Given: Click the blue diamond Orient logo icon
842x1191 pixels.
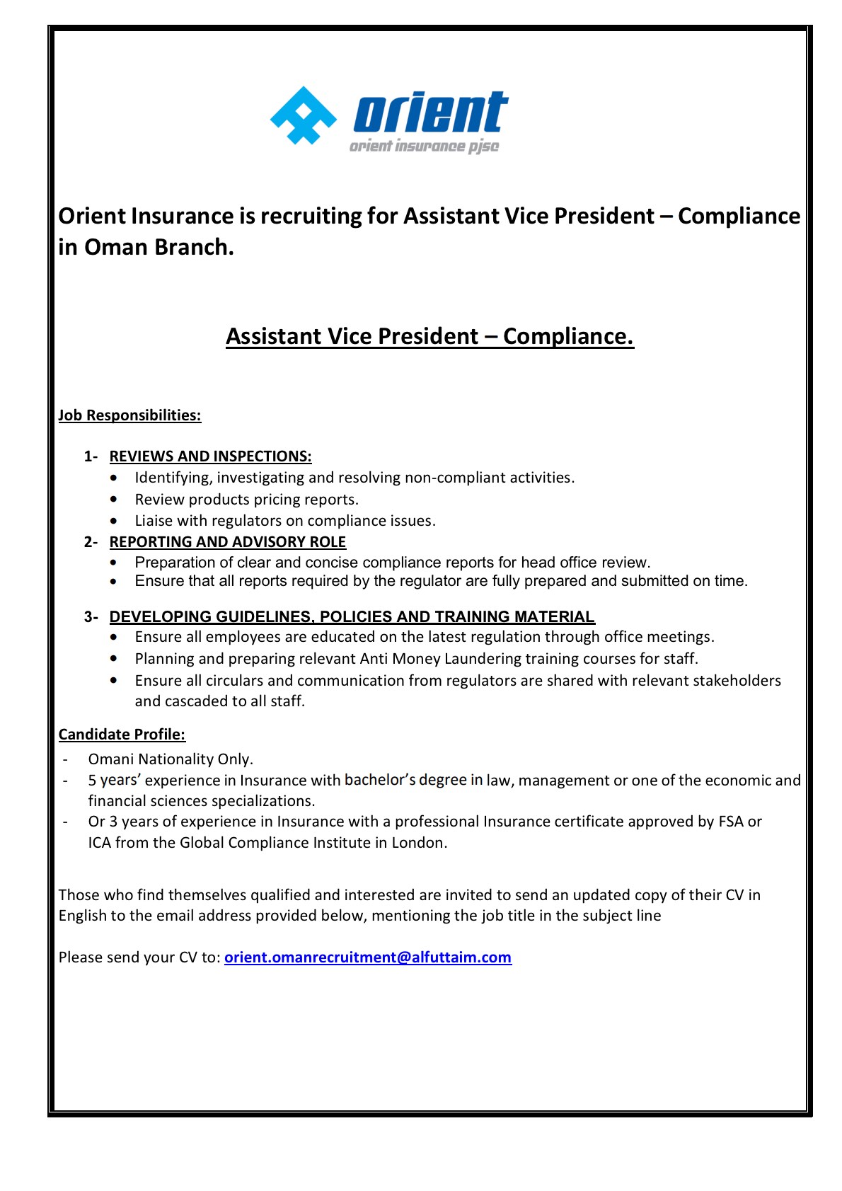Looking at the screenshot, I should click(x=304, y=116).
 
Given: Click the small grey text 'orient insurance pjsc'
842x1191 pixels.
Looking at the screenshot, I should click(x=424, y=146).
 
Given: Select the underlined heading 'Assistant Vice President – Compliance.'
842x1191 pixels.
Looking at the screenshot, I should click(x=429, y=336).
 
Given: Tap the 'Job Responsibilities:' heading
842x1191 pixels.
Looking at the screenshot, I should click(x=129, y=415).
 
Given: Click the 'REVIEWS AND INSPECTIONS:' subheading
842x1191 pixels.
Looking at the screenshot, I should click(x=210, y=456).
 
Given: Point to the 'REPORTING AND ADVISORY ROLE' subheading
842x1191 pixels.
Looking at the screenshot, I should click(x=227, y=542).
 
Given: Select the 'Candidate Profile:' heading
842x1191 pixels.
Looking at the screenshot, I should click(x=122, y=735).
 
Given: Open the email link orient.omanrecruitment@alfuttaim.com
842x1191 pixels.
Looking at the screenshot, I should click(x=367, y=957).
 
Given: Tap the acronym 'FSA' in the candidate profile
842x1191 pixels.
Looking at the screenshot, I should click(x=731, y=822).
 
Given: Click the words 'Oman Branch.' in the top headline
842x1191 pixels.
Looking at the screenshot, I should click(x=159, y=247).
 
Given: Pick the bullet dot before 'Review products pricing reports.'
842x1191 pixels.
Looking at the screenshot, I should click(x=114, y=500).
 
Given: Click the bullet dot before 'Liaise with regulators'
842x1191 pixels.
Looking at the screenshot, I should click(x=114, y=521).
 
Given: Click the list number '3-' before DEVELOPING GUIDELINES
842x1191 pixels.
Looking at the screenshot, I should click(x=91, y=617).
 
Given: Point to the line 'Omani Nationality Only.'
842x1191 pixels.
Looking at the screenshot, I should click(x=171, y=759).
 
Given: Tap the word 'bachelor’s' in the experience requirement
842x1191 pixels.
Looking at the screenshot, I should click(x=379, y=780).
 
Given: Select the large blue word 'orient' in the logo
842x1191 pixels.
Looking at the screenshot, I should click(x=430, y=113).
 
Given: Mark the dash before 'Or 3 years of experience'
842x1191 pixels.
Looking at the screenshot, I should click(x=65, y=822).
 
